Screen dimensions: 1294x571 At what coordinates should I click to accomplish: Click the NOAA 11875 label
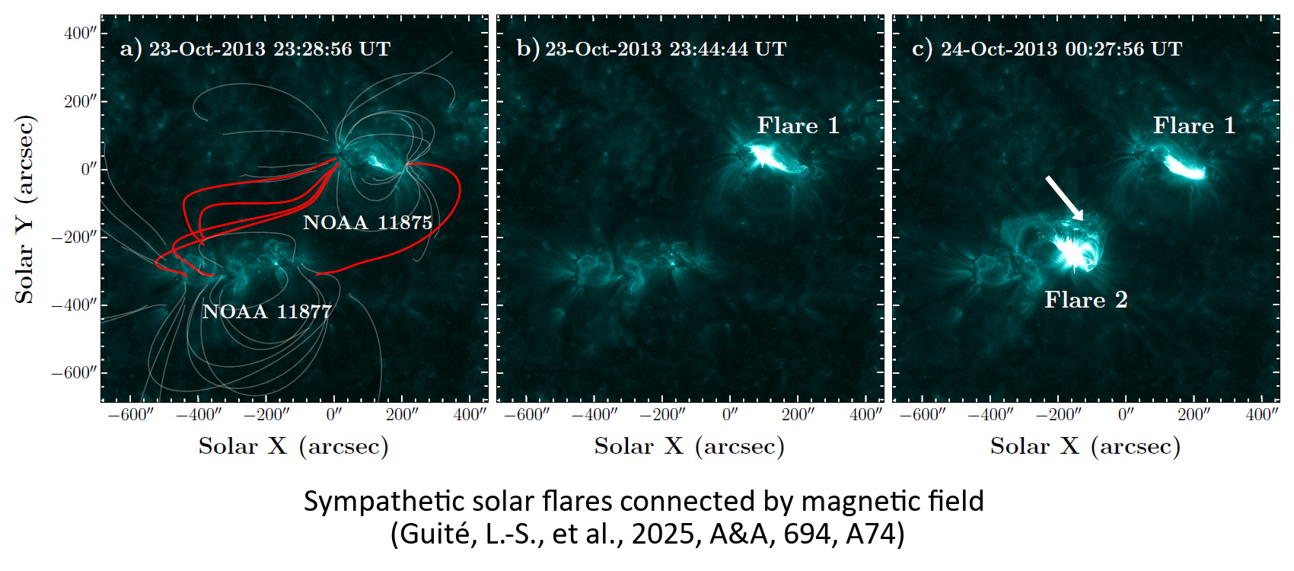(368, 222)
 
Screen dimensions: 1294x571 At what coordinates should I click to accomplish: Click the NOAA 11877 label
(267, 311)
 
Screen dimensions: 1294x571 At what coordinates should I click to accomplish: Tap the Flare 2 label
(1086, 299)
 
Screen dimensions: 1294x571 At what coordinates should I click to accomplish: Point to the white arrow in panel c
(1064, 198)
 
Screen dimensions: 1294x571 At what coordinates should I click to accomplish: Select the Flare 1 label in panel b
(798, 126)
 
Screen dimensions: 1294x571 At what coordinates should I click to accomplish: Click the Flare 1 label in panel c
(1194, 126)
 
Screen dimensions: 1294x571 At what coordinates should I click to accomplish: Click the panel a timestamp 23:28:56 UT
(332, 49)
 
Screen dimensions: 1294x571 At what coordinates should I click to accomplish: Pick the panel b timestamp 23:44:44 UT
(728, 49)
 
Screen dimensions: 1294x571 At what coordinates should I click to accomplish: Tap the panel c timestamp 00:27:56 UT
(1123, 49)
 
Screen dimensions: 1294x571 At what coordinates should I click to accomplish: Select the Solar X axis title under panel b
(689, 446)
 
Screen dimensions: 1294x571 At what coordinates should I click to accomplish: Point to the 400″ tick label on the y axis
(80, 33)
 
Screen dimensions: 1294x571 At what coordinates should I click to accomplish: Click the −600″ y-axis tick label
(74, 373)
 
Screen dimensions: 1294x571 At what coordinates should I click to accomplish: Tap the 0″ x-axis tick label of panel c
(1126, 415)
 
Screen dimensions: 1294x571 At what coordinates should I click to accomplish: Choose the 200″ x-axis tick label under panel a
(403, 415)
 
